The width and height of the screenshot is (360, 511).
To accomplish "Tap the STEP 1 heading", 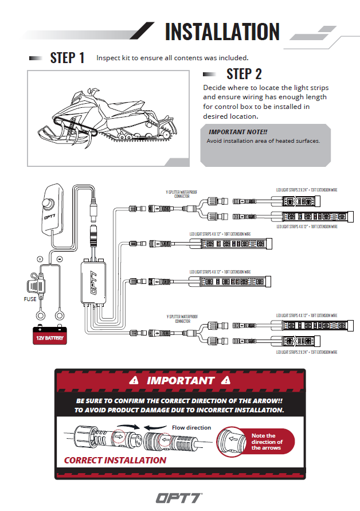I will coord(67,58).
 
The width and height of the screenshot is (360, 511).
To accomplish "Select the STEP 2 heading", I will coord(244,73).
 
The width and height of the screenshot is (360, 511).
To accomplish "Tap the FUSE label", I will coord(30,299).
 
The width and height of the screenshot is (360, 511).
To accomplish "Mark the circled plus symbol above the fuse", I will coord(40,259).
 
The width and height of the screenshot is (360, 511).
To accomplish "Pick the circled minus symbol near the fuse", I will coord(60,259).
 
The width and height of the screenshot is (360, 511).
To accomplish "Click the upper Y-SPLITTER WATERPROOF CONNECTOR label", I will coord(182,194).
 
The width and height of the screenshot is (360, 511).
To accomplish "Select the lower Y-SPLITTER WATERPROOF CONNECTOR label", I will coord(182,319).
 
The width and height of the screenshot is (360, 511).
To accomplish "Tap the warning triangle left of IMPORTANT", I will coord(134,380).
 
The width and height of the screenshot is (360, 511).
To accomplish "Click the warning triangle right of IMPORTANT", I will coord(225,380).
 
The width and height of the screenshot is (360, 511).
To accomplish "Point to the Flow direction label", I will coord(191,428).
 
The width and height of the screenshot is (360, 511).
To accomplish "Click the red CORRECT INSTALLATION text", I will coord(115,460).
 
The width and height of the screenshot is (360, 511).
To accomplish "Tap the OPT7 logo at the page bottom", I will coord(179,497).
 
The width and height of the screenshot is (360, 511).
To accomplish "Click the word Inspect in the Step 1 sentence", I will coord(107,58).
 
